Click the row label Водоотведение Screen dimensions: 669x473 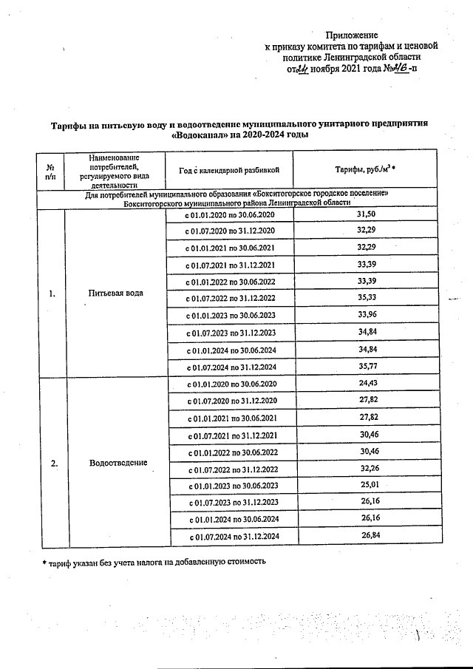click(118, 463)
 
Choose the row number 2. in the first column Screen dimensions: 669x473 click(53, 463)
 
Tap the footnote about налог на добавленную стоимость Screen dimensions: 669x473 click(154, 562)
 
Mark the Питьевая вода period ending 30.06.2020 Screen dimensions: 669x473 click(230, 214)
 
